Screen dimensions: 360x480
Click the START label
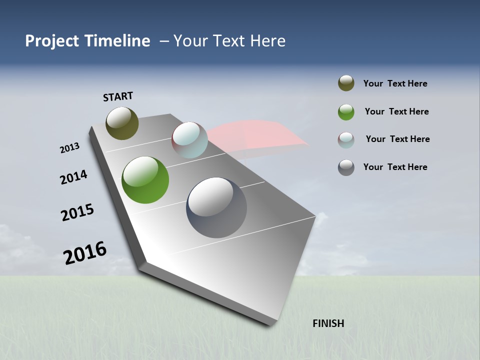click(x=118, y=96)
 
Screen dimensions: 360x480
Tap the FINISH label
click(x=328, y=323)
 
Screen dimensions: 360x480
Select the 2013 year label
click(x=69, y=148)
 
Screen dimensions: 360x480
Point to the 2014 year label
click(x=73, y=177)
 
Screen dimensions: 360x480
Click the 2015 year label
click(x=77, y=212)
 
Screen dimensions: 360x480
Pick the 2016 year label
click(x=85, y=253)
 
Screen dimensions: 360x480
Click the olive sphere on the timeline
click(x=122, y=123)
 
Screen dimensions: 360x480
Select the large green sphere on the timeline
click(x=145, y=180)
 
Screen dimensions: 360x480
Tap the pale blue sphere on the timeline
click(x=189, y=140)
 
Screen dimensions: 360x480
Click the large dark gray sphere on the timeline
click(x=216, y=207)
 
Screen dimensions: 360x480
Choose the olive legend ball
click(x=346, y=83)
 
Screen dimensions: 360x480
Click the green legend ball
click(x=346, y=112)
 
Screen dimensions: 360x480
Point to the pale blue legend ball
click(x=346, y=140)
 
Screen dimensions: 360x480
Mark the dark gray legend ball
click(x=346, y=167)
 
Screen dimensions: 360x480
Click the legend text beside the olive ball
click(x=395, y=84)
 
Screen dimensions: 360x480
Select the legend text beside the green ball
click(x=396, y=111)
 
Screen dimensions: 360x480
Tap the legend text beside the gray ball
click(x=395, y=167)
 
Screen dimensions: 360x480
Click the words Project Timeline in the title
click(x=87, y=41)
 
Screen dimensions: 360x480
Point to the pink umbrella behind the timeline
click(x=260, y=135)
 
